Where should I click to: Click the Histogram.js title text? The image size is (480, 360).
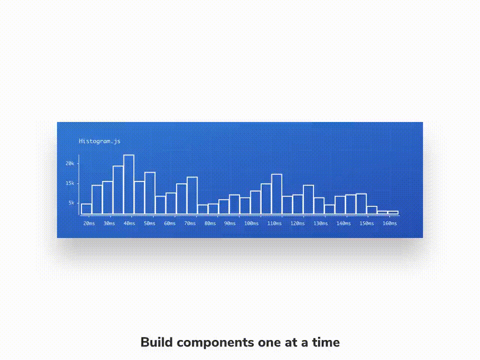pos(100,141)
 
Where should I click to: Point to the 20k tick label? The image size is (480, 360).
pos(70,163)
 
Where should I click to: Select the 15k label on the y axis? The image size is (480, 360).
pos(70,183)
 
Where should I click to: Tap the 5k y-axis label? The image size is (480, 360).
pos(71,203)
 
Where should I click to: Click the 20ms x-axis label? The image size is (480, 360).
pos(89,223)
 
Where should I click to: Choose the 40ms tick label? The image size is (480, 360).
pos(129,223)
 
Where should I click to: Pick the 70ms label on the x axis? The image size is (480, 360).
pos(190,223)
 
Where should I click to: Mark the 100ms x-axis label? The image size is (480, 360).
pos(251,223)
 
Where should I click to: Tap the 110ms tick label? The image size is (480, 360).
pos(274,223)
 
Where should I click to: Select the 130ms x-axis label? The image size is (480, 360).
pos(320,223)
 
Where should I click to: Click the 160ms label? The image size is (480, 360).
pos(389,223)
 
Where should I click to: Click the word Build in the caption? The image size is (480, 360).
pos(156,342)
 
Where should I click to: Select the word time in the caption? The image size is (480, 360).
pos(325,342)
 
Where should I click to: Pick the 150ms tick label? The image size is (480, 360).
pos(366,223)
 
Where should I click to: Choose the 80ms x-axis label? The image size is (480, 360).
pos(210,223)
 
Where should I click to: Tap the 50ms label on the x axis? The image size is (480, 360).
pos(149,223)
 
